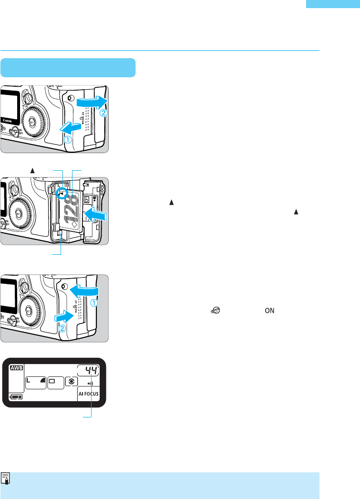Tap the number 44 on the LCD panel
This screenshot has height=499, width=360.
click(88, 369)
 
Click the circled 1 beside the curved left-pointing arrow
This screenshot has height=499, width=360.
click(95, 303)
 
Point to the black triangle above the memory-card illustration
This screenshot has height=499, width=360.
click(33, 170)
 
